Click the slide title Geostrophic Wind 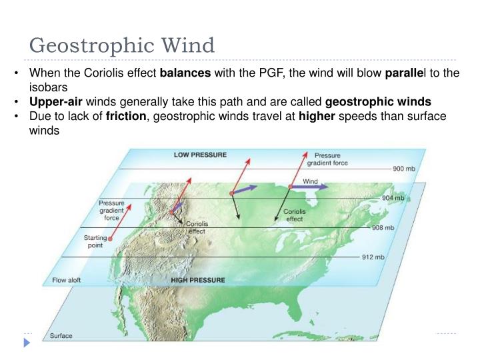[122, 45]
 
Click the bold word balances [185, 73]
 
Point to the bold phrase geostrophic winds [378, 102]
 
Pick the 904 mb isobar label [393, 198]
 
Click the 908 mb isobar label [383, 227]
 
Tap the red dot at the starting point [111, 238]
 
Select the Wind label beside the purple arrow [311, 181]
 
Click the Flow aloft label [67, 280]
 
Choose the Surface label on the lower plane [61, 336]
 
